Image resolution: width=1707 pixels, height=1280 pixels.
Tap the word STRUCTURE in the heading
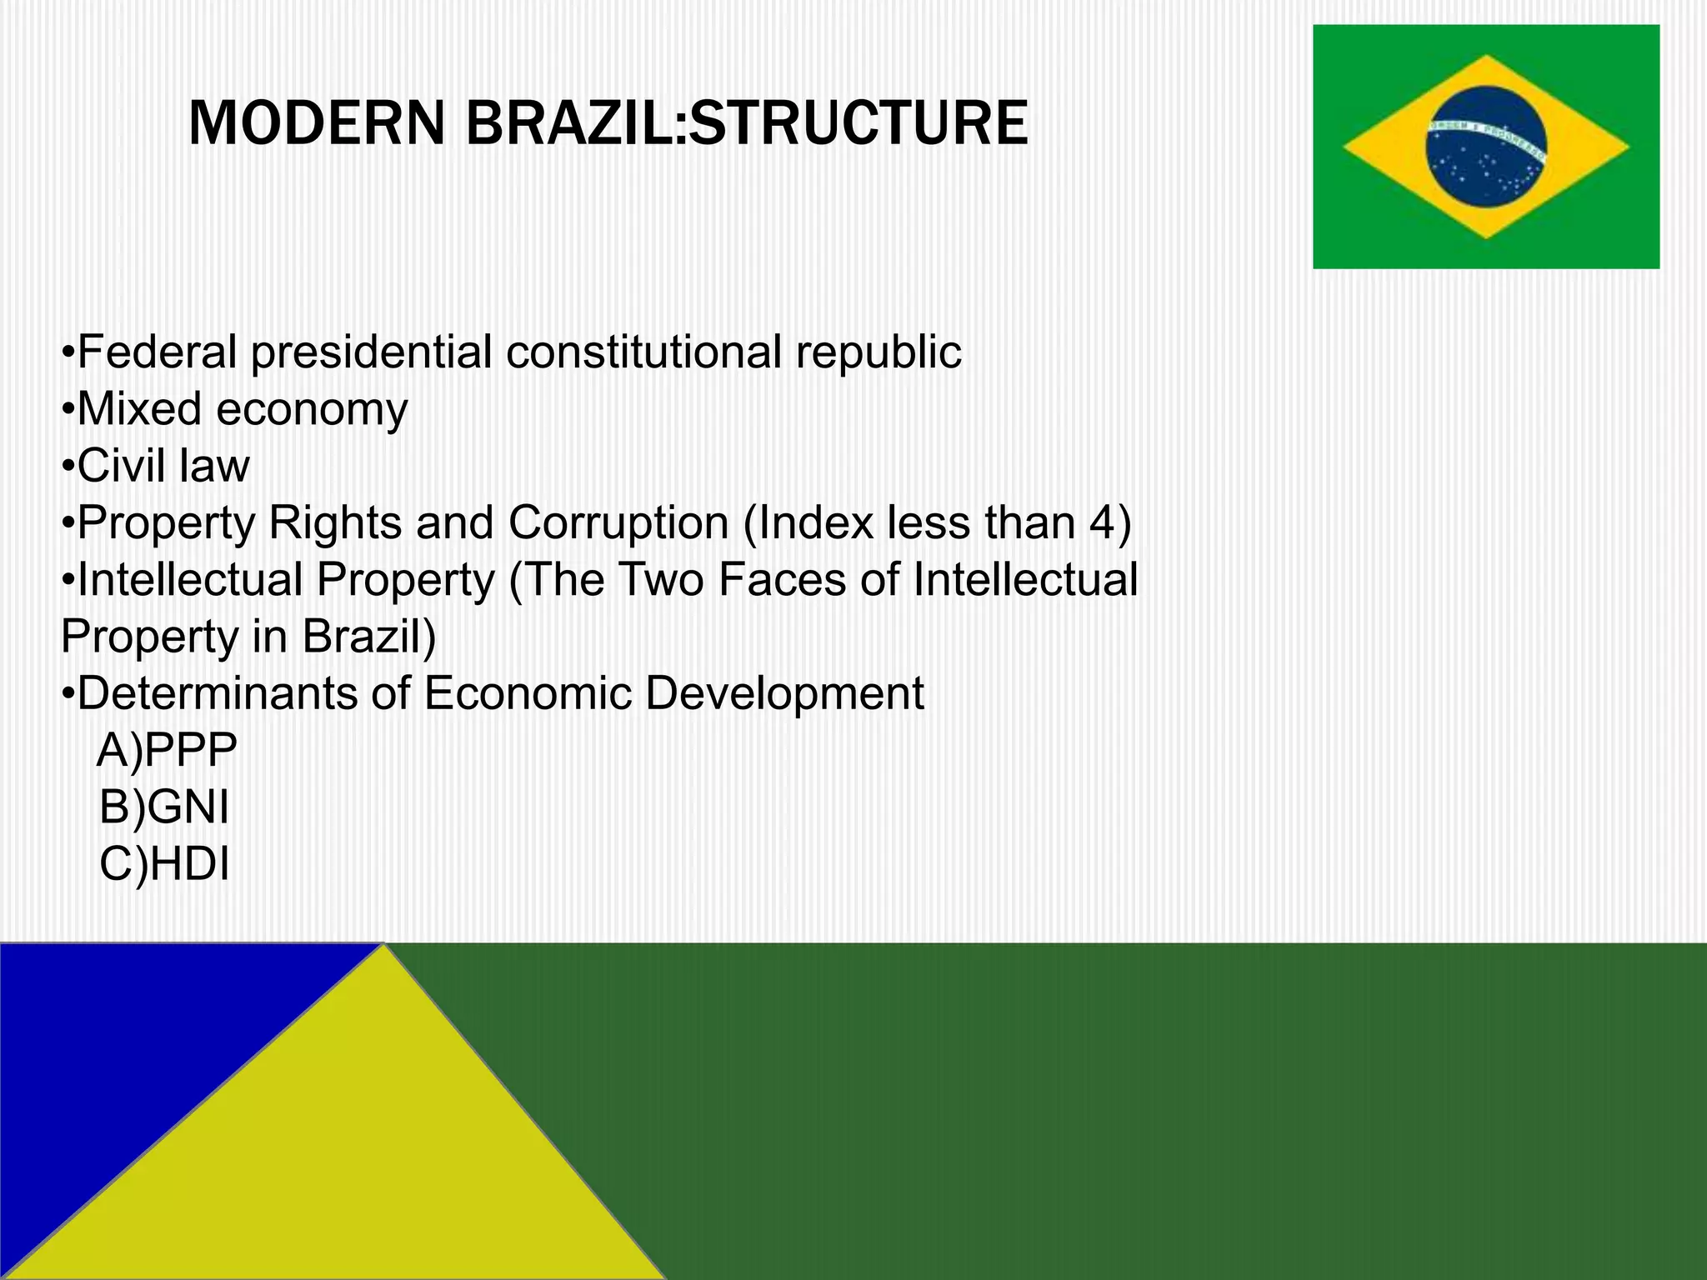pos(859,123)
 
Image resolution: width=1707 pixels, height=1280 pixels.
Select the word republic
pos(879,353)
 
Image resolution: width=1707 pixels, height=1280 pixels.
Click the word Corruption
pos(618,524)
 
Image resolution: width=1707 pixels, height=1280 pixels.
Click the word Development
pos(784,695)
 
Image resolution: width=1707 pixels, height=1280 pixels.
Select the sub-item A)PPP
pos(168,750)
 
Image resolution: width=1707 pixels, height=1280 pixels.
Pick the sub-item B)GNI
pos(164,807)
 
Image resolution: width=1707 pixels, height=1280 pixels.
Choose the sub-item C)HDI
pos(164,863)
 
